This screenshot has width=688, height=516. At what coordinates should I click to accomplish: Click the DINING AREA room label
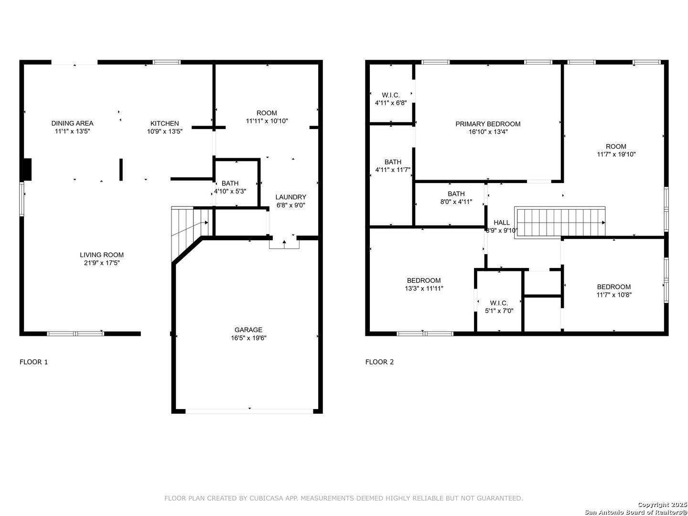click(72, 123)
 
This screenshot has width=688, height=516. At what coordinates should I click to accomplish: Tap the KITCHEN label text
click(164, 123)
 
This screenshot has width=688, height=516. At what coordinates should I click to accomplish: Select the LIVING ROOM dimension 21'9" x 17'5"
click(102, 263)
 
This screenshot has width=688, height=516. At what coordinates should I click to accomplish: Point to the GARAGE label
click(248, 330)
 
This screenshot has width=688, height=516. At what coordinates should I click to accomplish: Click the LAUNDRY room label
click(290, 197)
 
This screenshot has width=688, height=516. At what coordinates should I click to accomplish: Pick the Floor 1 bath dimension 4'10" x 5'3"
click(230, 191)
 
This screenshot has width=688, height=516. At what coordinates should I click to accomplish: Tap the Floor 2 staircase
click(559, 223)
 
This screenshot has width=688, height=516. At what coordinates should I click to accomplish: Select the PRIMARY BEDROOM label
click(488, 124)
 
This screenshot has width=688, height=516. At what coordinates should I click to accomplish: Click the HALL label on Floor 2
click(502, 223)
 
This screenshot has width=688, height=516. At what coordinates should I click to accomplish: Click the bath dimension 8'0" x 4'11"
click(456, 202)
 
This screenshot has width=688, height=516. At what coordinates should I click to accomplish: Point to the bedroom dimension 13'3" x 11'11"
click(424, 289)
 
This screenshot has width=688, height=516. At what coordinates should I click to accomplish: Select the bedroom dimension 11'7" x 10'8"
click(614, 295)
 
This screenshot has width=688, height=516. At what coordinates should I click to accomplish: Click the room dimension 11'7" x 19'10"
click(616, 154)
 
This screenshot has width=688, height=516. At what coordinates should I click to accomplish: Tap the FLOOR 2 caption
click(379, 362)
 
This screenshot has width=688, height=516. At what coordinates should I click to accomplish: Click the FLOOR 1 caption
click(33, 362)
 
